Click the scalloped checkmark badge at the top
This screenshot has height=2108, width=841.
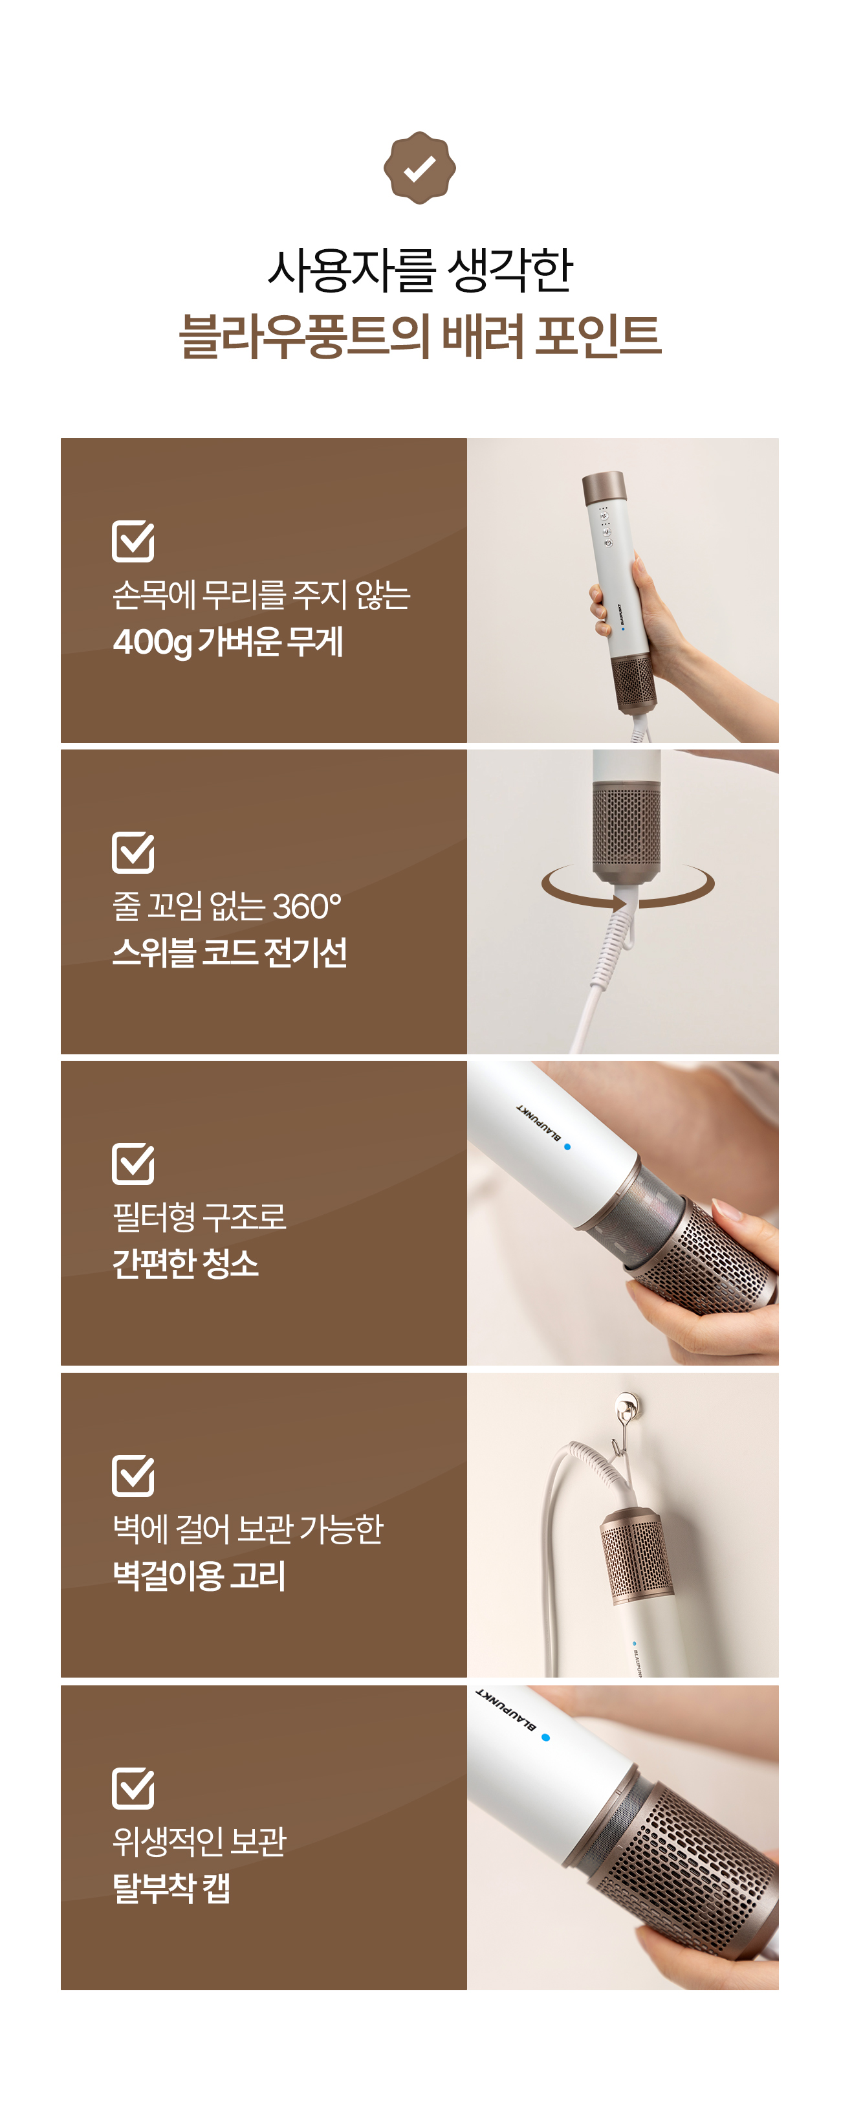[420, 168]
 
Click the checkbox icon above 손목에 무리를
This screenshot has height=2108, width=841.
[133, 541]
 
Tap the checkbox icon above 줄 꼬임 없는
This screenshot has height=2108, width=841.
[133, 852]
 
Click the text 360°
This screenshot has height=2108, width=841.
[307, 907]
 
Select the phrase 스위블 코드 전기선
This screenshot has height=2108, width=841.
[230, 953]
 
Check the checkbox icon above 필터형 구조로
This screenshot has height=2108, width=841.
[133, 1164]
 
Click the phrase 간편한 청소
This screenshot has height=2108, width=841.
[186, 1263]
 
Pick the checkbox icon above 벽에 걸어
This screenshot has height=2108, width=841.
[133, 1476]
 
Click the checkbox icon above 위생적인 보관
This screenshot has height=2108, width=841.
[133, 1788]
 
